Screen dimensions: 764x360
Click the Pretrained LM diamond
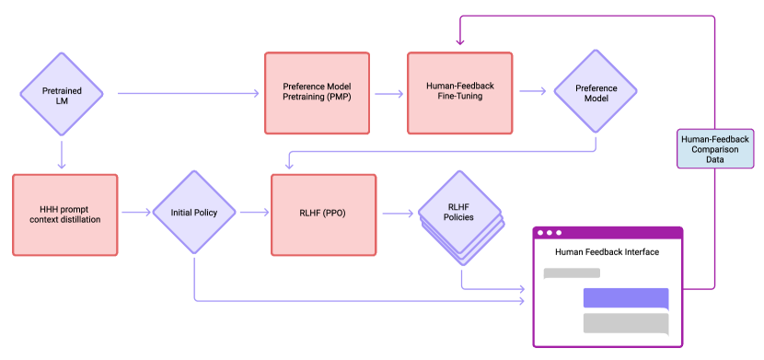point(62,94)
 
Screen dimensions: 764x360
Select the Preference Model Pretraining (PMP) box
point(318,93)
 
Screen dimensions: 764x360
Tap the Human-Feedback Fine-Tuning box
point(460,93)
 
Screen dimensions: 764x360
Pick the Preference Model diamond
point(596,91)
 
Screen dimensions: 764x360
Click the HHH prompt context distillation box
point(64,215)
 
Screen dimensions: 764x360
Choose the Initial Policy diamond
point(194,212)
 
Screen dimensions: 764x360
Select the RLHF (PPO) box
point(323,215)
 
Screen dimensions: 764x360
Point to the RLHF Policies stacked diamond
point(460,217)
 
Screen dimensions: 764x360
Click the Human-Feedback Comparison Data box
point(715,148)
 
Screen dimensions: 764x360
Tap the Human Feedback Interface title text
point(608,252)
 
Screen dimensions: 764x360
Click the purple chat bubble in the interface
point(626,298)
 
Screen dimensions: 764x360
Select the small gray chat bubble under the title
point(572,273)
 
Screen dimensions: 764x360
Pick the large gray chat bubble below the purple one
point(626,323)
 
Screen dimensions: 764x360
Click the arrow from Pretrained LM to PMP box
point(189,94)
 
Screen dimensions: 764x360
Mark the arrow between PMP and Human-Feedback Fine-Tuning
point(389,94)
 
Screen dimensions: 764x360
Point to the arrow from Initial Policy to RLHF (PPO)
point(254,213)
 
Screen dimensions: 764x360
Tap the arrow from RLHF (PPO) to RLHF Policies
point(399,213)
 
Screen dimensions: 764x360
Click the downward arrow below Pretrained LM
point(62,156)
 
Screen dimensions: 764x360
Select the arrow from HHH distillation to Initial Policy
point(136,213)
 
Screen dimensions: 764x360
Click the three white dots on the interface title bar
point(550,233)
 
